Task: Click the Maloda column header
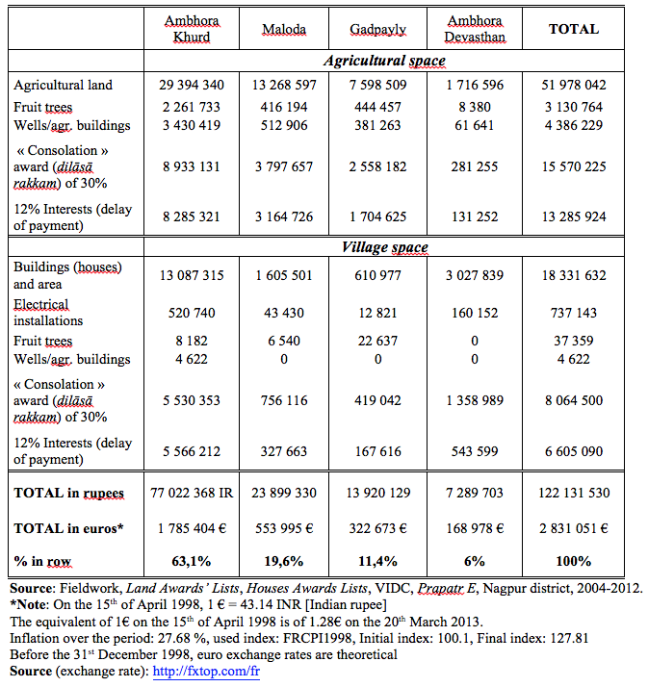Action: (284, 29)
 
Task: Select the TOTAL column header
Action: (574, 29)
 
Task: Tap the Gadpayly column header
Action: (378, 29)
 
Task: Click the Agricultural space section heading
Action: (384, 61)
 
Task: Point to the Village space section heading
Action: (384, 247)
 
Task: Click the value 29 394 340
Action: (192, 85)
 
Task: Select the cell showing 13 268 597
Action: (284, 85)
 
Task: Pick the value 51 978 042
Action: (574, 85)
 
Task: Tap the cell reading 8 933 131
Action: (192, 166)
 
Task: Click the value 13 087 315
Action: (192, 275)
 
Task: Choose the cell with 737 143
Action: (574, 313)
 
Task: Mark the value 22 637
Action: (378, 341)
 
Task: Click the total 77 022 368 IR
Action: (192, 493)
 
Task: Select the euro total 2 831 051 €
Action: (574, 527)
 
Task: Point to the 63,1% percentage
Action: (192, 561)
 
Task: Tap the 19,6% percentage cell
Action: (284, 561)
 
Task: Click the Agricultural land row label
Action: (63, 85)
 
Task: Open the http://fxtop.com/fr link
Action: (206, 672)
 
